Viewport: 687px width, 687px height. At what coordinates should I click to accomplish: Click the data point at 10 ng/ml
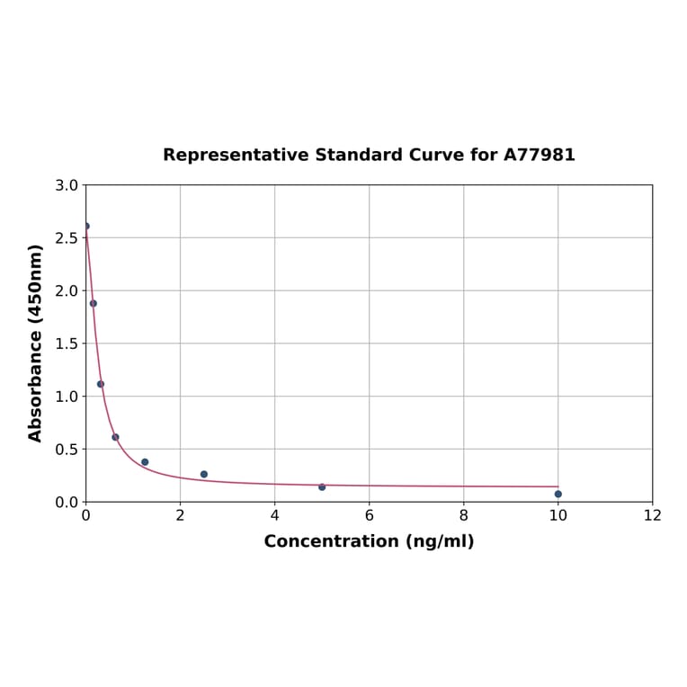[x=558, y=494]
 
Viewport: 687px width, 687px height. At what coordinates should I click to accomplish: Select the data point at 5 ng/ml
[x=322, y=486]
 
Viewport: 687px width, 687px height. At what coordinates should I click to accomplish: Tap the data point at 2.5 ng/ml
[x=204, y=474]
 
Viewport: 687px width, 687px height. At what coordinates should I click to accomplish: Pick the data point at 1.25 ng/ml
[x=145, y=462]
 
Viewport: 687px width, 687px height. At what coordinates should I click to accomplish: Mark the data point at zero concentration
[x=86, y=226]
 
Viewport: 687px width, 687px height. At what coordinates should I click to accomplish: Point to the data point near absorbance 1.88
[x=94, y=303]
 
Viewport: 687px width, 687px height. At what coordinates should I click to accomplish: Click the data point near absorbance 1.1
[x=101, y=384]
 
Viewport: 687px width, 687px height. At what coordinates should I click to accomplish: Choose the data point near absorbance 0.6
[x=115, y=437]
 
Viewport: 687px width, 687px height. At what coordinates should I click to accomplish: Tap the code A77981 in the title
[x=539, y=155]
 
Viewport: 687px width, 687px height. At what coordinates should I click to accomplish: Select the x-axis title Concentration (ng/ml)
[x=369, y=541]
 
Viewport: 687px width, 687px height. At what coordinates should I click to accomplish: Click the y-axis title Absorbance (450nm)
[x=36, y=343]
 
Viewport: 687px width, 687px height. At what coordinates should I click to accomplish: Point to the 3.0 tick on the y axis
[x=67, y=185]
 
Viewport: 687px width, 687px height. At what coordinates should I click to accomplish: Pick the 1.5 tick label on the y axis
[x=67, y=343]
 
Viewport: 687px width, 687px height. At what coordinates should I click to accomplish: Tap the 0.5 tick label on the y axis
[x=67, y=449]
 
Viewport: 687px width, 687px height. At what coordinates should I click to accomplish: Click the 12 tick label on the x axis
[x=652, y=516]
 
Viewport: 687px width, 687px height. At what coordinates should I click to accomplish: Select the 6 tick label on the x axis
[x=369, y=516]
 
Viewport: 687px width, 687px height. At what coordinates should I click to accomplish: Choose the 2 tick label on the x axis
[x=180, y=516]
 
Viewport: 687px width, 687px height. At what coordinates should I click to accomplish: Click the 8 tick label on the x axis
[x=463, y=516]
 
